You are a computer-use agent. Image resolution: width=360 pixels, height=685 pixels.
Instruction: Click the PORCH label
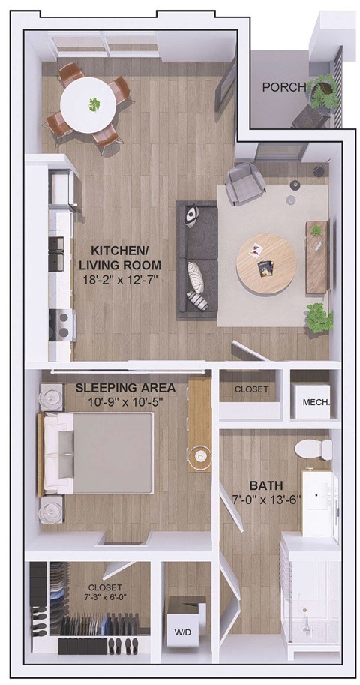283,87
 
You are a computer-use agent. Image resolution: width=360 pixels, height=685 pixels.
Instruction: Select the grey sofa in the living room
196,258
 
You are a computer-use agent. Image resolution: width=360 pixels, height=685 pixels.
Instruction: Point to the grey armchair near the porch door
245,182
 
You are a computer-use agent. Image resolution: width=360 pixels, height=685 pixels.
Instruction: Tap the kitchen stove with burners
61,325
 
